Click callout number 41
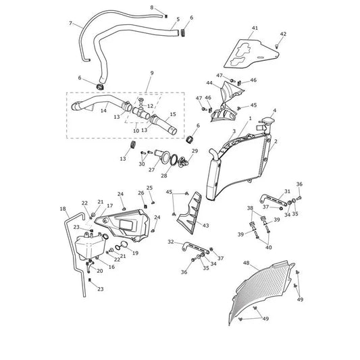tap(255, 28)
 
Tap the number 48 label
tap(246, 263)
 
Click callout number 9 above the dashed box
tap(152, 73)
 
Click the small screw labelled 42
tap(277, 47)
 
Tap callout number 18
tap(63, 209)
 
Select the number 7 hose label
tap(70, 23)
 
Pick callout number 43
tap(206, 226)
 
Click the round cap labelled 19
tap(124, 245)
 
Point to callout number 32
tap(171, 242)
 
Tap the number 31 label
tap(287, 191)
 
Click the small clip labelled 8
tap(166, 16)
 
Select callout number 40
tap(269, 247)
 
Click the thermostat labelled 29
tap(183, 161)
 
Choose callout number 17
tap(109, 206)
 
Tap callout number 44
tap(209, 82)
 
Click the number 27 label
tap(151, 170)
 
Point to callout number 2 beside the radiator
tap(276, 141)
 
